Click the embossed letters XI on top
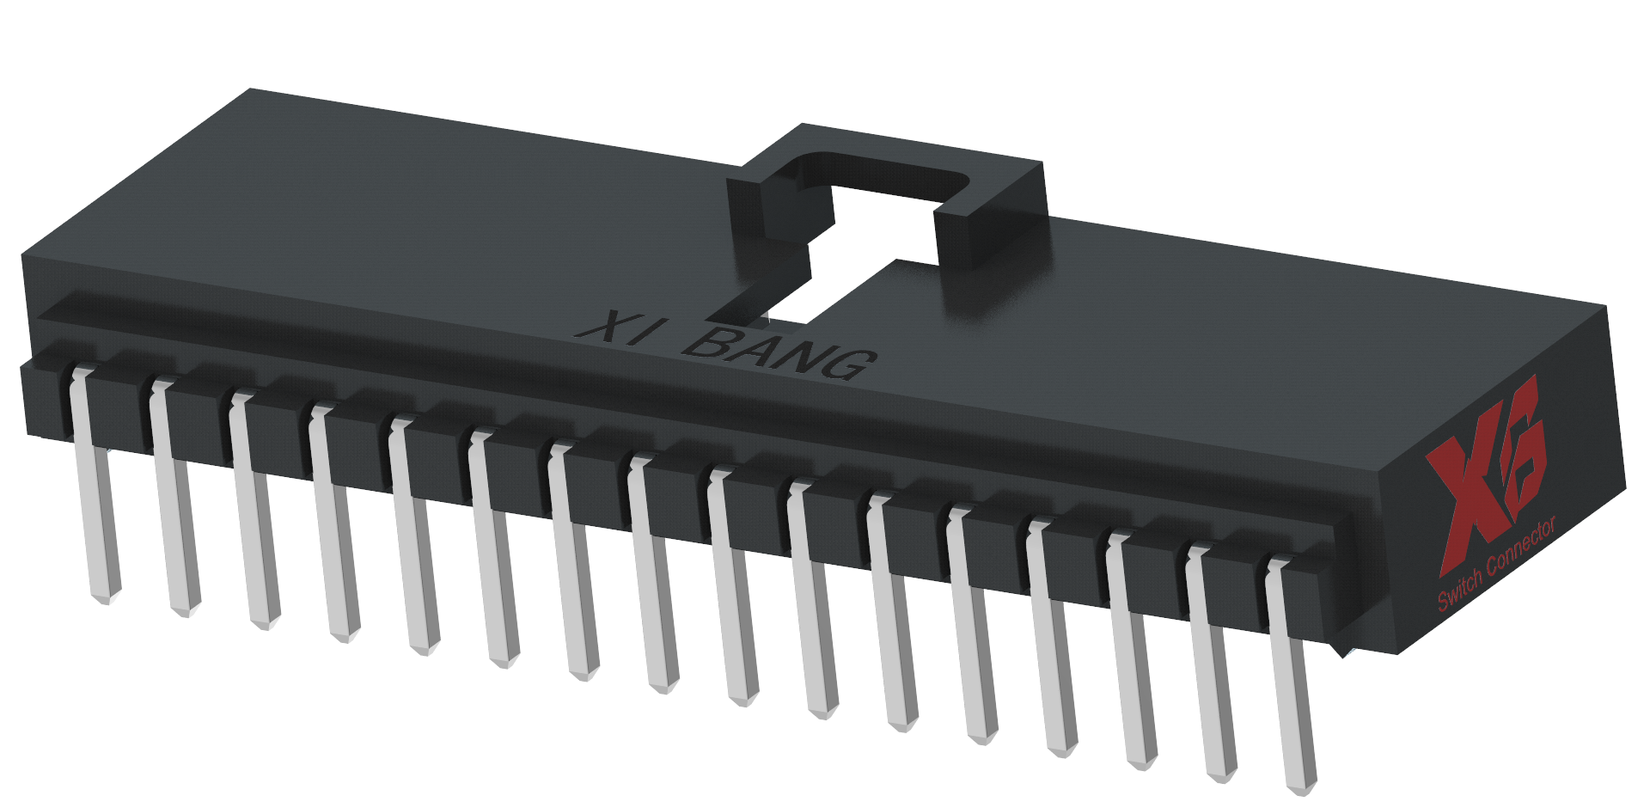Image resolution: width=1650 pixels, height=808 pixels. point(617,327)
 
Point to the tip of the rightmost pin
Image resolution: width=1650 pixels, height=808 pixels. point(1301,786)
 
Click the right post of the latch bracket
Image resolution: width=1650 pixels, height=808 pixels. point(988,232)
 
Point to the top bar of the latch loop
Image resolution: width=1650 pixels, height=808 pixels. point(894,150)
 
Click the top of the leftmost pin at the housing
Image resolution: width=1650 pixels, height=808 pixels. point(82,374)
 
